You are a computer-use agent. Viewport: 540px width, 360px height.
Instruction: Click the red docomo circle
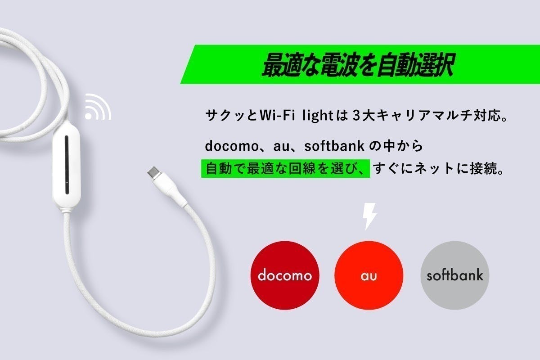[x=284, y=275]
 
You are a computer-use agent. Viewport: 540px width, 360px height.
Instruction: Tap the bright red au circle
[x=369, y=275]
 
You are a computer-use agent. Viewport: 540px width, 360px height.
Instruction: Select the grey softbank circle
[x=454, y=275]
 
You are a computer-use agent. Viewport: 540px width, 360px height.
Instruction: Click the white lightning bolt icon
[x=369, y=216]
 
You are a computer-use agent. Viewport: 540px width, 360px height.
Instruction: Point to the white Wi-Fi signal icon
[x=97, y=107]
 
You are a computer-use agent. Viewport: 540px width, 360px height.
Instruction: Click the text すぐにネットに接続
[x=439, y=169]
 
